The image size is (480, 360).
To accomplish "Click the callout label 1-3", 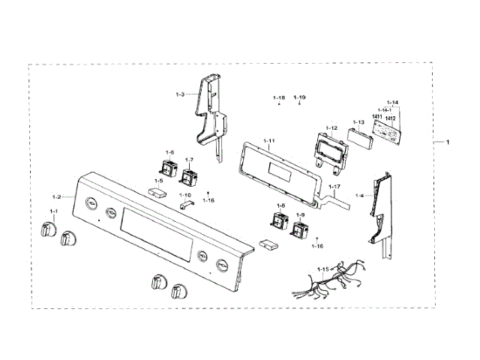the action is coord(180,94).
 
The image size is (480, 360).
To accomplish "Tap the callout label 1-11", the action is coord(269,141).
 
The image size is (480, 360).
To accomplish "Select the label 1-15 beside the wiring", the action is coord(322,268).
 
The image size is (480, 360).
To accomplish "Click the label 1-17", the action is coord(334,187).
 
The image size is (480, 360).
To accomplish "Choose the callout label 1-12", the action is coord(331,128).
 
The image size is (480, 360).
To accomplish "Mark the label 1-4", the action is coord(359,196).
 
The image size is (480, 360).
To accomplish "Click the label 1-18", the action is coord(278,98).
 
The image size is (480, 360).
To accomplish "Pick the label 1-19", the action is coord(299,98).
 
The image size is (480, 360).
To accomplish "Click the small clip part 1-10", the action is coord(186,202).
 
